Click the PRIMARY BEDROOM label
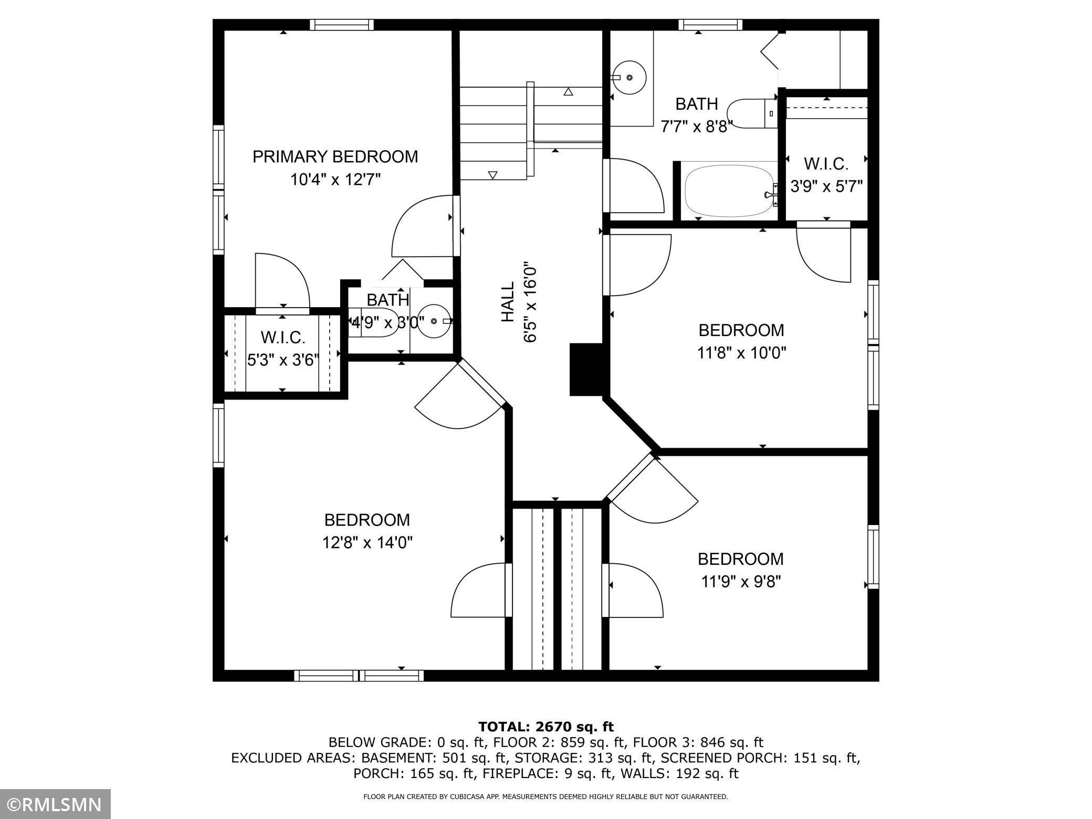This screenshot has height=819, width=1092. (x=335, y=156)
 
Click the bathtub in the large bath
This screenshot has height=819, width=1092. (x=730, y=192)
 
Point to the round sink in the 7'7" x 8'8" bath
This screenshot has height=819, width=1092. (x=629, y=78)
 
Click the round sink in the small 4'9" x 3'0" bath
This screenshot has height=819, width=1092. (x=434, y=321)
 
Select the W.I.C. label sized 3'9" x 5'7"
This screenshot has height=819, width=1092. (x=826, y=164)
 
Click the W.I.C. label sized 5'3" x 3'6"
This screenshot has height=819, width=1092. (x=283, y=337)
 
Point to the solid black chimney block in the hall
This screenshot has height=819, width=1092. (x=588, y=369)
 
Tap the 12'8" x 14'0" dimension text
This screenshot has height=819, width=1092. (x=367, y=542)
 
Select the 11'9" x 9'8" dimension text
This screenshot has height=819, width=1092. (x=741, y=582)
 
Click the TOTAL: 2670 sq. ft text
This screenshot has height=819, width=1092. (x=545, y=727)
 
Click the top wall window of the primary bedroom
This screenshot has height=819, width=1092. (x=342, y=25)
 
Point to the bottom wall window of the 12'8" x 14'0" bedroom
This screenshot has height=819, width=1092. (x=359, y=676)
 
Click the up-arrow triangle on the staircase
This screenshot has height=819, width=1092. (x=568, y=92)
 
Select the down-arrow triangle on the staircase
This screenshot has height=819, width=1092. (x=492, y=175)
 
